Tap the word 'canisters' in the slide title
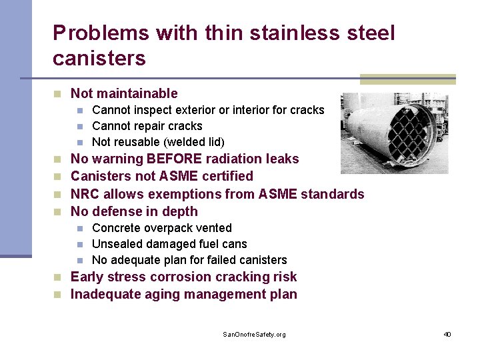tap(99, 59)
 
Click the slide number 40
tap(447, 334)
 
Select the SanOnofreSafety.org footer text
tap(254, 334)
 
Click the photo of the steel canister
tap(394, 133)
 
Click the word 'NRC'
tap(85, 194)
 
